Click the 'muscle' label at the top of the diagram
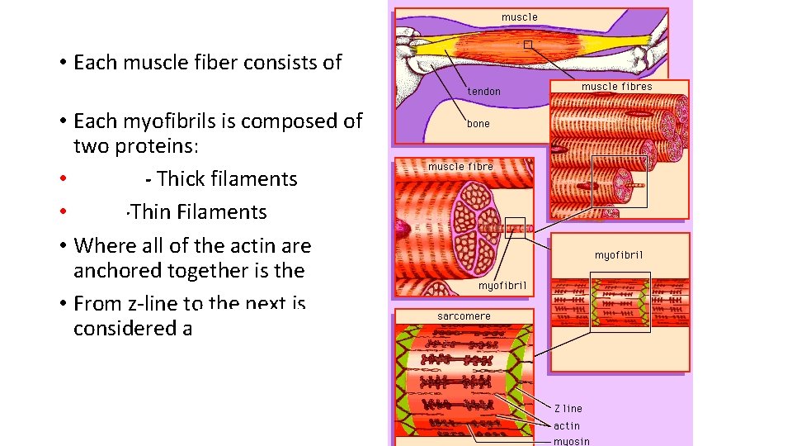(x=519, y=17)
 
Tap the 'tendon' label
(x=484, y=91)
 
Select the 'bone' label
(x=478, y=124)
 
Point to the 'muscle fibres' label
(x=616, y=86)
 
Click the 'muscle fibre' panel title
(x=460, y=166)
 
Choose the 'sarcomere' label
(x=464, y=316)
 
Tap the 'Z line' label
(x=568, y=408)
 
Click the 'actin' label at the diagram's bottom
(x=567, y=425)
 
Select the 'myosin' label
(x=572, y=441)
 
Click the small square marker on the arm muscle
(x=528, y=45)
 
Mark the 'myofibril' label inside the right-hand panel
(x=619, y=254)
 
